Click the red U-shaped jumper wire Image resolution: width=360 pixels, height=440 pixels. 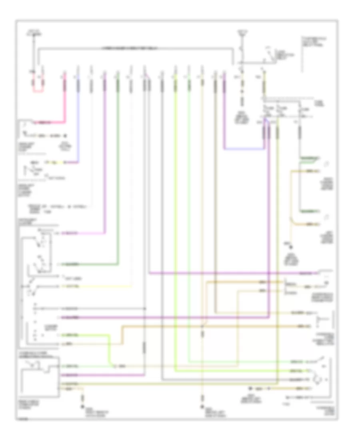tap(38, 90)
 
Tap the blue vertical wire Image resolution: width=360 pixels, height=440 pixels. tap(78, 120)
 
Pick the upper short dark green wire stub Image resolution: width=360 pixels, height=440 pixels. tap(310, 158)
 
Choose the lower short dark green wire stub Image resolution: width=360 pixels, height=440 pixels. tap(310, 211)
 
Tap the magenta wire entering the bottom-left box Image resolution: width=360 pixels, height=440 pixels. tap(100, 375)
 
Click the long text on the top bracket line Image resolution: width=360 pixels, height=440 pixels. tap(136, 48)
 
